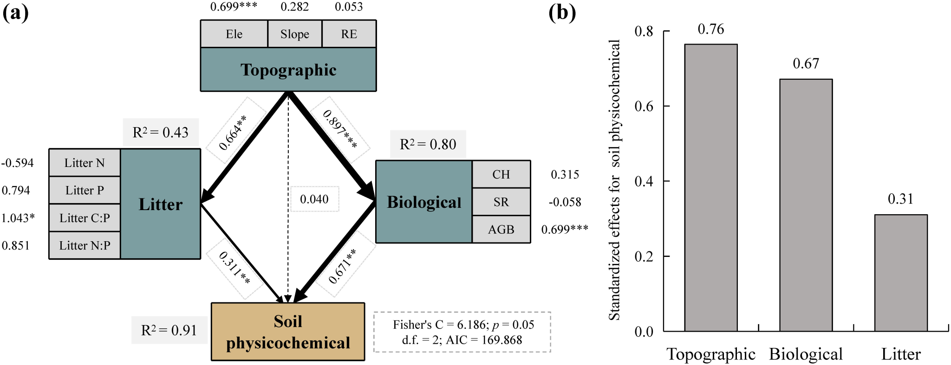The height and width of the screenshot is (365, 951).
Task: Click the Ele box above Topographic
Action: (x=234, y=34)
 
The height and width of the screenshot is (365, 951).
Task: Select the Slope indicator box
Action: (x=294, y=34)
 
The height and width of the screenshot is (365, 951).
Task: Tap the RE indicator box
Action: (x=349, y=34)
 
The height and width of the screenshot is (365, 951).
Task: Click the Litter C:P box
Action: (x=85, y=218)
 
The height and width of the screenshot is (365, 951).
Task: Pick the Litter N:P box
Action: (x=85, y=245)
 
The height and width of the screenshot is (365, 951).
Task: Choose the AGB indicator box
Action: (x=501, y=229)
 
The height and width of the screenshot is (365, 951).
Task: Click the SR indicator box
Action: (x=501, y=202)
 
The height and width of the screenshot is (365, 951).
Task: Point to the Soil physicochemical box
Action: (x=288, y=332)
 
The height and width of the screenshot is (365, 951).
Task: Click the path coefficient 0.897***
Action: (x=340, y=129)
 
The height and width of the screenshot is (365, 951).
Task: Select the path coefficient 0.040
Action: (x=314, y=199)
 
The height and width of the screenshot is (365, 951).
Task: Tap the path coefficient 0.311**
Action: (x=234, y=268)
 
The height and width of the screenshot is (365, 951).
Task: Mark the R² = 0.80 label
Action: (x=428, y=144)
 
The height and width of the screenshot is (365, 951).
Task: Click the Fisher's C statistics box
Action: (x=462, y=332)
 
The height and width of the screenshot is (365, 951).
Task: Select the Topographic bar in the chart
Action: (x=710, y=187)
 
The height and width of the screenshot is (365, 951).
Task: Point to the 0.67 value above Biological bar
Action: (x=806, y=64)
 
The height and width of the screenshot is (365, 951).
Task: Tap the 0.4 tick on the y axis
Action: (x=644, y=181)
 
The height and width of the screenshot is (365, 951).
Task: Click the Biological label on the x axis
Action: (x=806, y=354)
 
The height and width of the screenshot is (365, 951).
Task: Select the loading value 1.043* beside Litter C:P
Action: (x=18, y=218)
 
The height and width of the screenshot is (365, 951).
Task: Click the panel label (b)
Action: (x=562, y=13)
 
